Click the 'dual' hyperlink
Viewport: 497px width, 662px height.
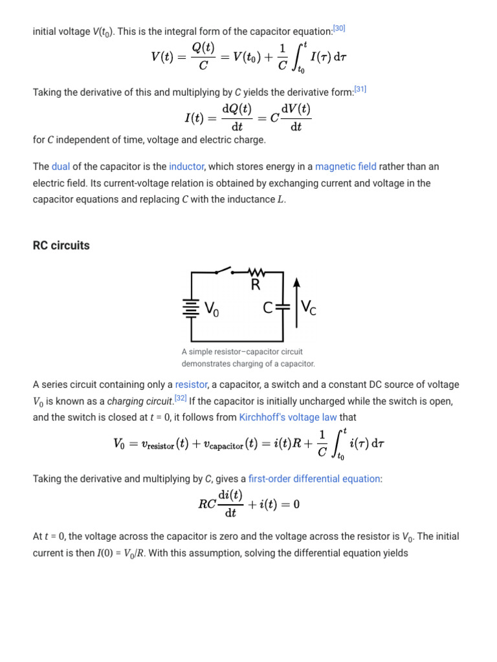[x=61, y=167]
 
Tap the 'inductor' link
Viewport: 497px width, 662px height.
[x=186, y=167]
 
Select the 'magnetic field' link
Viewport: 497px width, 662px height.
[x=346, y=167]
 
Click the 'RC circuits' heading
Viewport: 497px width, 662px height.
[x=61, y=246]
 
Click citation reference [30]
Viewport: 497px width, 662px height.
[x=339, y=28]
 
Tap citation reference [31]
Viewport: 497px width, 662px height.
[x=360, y=90]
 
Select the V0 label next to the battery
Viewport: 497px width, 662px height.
[x=212, y=310]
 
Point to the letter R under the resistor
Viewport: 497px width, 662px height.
[x=256, y=285]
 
